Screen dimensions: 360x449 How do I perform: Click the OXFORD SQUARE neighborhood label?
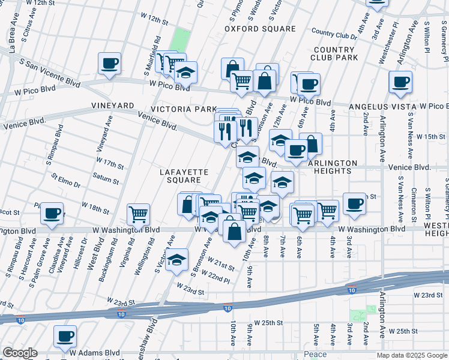(260, 29)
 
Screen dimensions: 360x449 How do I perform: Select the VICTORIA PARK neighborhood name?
(184, 109)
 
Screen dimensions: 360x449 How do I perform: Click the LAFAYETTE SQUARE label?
(184, 176)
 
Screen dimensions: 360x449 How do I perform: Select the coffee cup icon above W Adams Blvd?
(65, 336)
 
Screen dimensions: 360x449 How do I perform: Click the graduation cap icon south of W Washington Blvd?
(178, 260)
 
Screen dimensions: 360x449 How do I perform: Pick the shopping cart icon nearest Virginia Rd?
(138, 214)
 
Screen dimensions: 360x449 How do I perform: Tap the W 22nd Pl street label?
(216, 277)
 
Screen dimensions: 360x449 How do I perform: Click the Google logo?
(20, 353)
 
